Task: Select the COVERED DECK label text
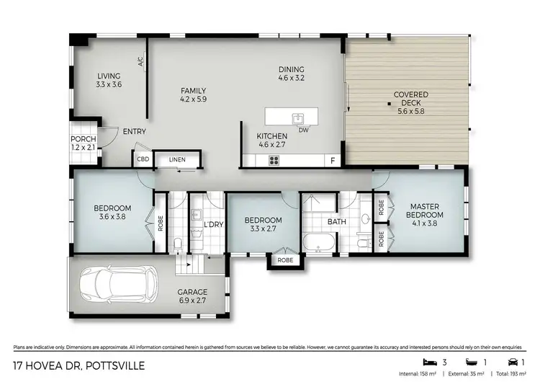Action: pos(410,99)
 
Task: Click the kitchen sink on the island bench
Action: pos(297,117)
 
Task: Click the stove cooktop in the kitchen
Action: pos(274,161)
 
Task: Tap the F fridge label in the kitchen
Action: pos(333,161)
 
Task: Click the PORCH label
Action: pos(83,139)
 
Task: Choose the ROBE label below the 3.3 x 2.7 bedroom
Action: pos(285,259)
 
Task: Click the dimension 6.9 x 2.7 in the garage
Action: pos(192,301)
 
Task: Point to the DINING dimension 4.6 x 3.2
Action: pos(292,79)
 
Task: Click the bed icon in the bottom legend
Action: pos(428,361)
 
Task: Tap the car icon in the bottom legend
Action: pos(511,361)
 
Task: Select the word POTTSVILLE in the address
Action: pos(115,365)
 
